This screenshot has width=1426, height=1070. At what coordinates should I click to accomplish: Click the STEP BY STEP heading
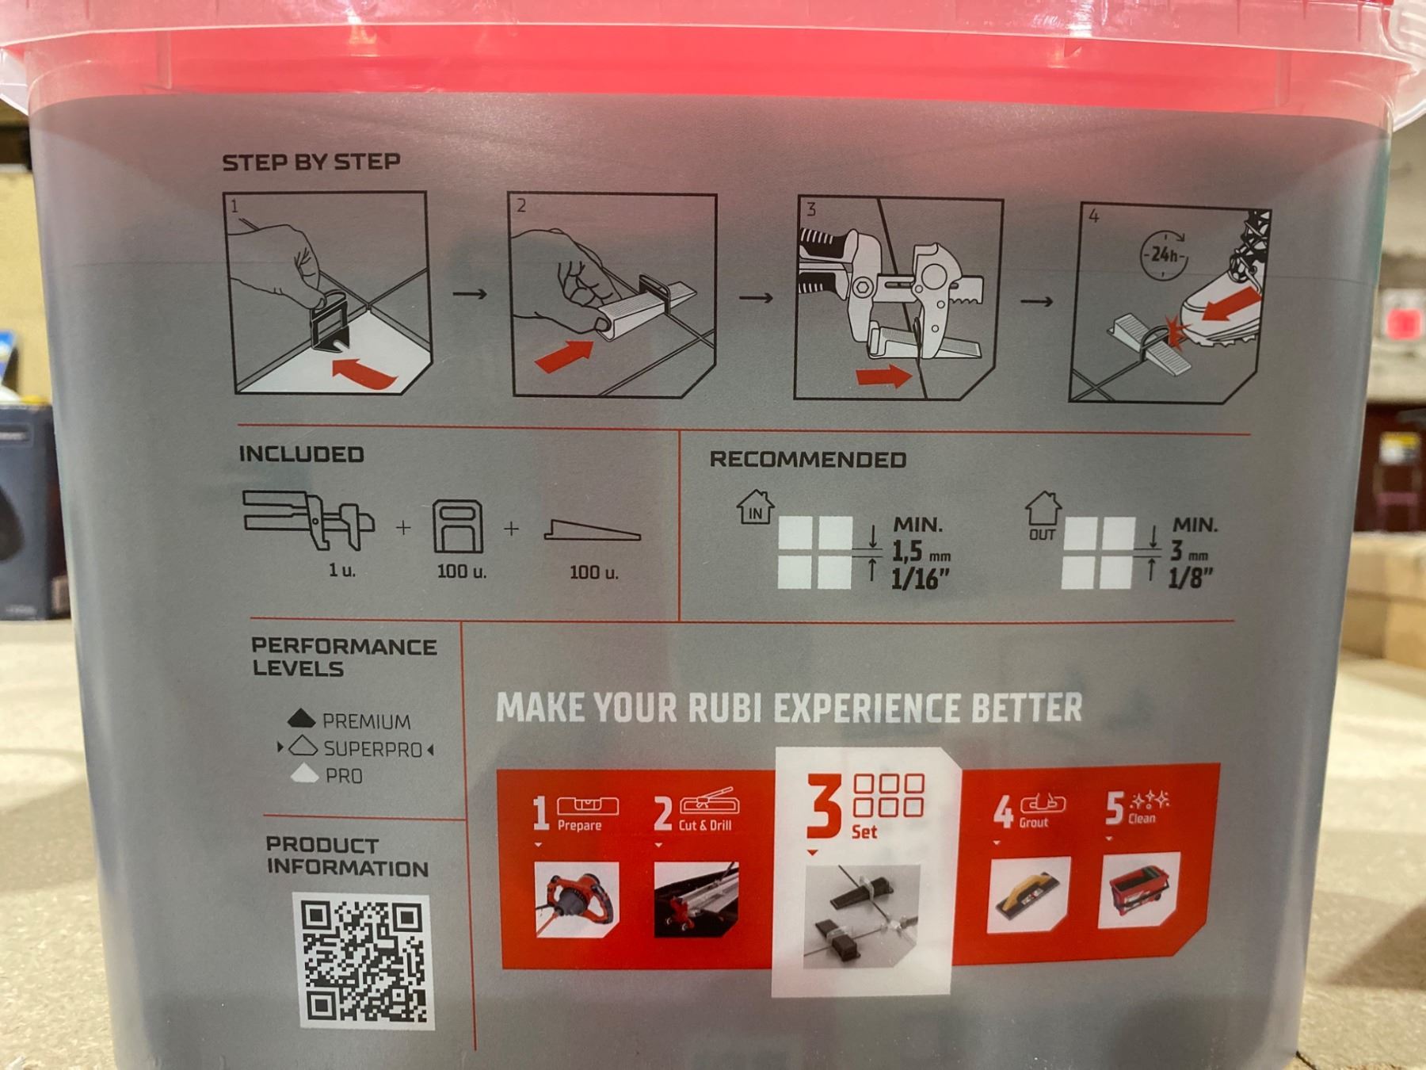pyautogui.click(x=311, y=162)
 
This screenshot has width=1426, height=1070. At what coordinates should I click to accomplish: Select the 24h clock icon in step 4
pyautogui.click(x=1164, y=254)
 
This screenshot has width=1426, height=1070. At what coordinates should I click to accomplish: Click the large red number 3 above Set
pyautogui.click(x=824, y=804)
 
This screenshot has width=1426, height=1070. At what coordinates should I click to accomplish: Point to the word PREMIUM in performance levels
pyautogui.click(x=366, y=721)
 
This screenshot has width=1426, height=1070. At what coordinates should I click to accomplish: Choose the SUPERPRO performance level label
pyautogui.click(x=372, y=749)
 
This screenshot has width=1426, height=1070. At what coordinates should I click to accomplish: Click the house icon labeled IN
pyautogui.click(x=755, y=507)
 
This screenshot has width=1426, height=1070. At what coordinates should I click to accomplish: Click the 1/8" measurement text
pyautogui.click(x=1190, y=579)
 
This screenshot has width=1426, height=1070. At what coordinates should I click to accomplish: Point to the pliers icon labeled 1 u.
pyautogui.click(x=309, y=520)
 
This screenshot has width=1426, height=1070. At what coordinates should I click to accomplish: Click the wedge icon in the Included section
pyautogui.click(x=593, y=530)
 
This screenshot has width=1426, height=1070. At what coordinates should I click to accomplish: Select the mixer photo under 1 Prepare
pyautogui.click(x=577, y=900)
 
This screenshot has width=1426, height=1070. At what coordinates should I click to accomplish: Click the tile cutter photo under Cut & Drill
pyautogui.click(x=696, y=900)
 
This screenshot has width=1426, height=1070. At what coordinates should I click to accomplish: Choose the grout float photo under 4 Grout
pyautogui.click(x=1028, y=894)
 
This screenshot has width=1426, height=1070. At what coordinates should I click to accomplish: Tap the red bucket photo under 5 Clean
pyautogui.click(x=1139, y=890)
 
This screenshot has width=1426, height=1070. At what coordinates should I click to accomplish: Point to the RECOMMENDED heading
pyautogui.click(x=807, y=460)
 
